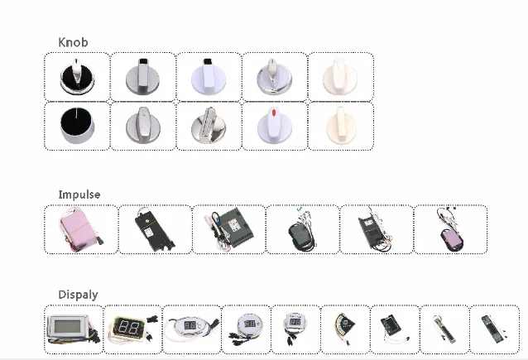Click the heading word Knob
tap(73, 42)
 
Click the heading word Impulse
tap(79, 194)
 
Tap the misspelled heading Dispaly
tap(78, 295)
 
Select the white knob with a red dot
tap(274, 126)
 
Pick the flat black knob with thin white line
tap(76, 127)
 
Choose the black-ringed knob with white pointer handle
tap(76, 77)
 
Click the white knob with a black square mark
tap(209, 77)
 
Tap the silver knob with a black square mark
tap(142, 77)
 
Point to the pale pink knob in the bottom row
tap(340, 126)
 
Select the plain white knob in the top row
tap(340, 77)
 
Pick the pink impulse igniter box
tap(79, 228)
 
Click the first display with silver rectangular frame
tap(73, 329)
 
